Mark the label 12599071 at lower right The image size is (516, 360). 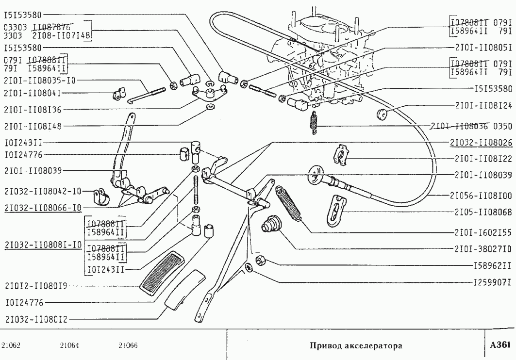point(492,280)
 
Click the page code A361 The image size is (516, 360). point(500,345)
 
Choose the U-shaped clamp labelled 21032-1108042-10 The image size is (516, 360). point(101,196)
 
